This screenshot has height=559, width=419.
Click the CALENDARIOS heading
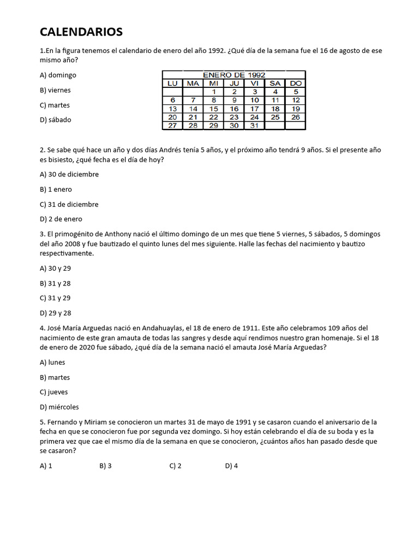tap(81, 32)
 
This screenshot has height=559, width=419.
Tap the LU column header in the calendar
tap(172, 83)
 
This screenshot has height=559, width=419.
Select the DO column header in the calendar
tap(295, 83)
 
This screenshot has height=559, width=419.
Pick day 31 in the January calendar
tap(254, 125)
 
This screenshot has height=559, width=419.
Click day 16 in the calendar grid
tap(234, 109)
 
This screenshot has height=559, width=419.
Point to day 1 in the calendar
tap(214, 92)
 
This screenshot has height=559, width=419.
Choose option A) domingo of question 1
tap(58, 75)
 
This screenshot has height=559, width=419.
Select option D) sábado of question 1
tap(55, 120)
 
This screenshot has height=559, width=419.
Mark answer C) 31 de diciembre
tap(69, 204)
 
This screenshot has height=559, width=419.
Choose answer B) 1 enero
tap(56, 189)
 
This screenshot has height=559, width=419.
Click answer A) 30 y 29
tap(55, 268)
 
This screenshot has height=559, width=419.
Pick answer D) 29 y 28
tap(55, 313)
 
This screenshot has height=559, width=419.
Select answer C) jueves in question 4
tap(54, 392)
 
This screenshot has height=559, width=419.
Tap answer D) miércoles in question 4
tap(59, 407)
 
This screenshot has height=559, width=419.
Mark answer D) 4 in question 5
tap(231, 466)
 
